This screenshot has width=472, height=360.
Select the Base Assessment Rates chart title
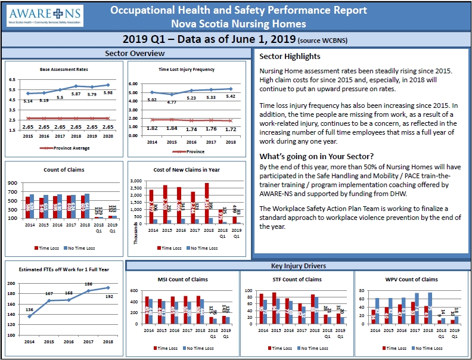click(64, 69)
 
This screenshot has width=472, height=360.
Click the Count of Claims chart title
click(64, 170)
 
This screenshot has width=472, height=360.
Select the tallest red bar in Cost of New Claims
click(207, 203)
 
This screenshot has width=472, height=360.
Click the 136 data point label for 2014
click(29, 309)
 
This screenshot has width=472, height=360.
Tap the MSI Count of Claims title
click(182, 279)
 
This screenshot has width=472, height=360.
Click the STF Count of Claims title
click(296, 279)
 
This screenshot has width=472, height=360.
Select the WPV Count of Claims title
click(412, 279)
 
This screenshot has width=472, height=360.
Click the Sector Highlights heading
click(290, 57)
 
